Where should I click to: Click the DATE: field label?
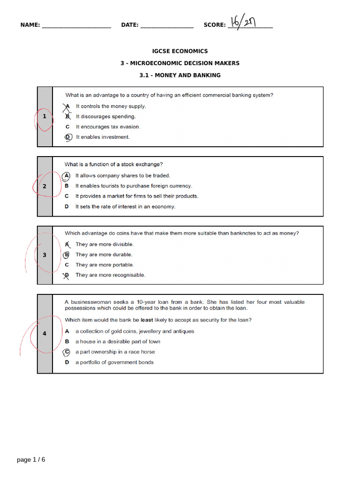coord(129,25)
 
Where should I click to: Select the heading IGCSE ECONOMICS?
coord(180,51)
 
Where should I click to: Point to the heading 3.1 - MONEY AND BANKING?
coord(180,75)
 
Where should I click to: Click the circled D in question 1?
coord(67,137)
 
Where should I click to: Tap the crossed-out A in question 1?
coord(67,106)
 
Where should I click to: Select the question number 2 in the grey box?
coord(45,186)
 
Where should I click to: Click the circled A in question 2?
coord(67,176)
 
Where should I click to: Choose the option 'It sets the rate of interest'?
coord(125,207)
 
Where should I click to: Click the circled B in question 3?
coord(67,255)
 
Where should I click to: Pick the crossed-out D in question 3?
coord(67,275)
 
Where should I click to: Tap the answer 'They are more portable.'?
coord(105,265)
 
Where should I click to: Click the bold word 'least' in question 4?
coord(147,320)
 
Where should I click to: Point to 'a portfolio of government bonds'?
coord(114,362)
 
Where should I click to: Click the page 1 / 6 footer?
coord(31,460)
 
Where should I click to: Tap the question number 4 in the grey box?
coord(45,334)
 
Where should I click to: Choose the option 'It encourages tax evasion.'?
coord(108,127)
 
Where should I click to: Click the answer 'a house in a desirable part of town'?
coord(118,342)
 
